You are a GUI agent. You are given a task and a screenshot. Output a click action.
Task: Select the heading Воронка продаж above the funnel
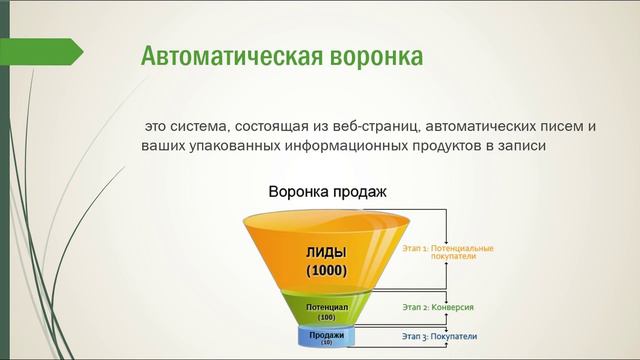(x=326, y=191)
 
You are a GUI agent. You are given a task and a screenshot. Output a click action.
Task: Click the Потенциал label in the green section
(x=327, y=307)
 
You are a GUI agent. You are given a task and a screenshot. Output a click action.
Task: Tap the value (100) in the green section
(x=327, y=317)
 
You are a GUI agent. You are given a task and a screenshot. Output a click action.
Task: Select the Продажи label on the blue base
(x=327, y=334)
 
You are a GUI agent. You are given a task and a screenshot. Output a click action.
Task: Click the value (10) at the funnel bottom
(x=327, y=343)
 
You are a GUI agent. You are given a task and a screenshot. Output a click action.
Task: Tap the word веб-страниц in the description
(x=378, y=127)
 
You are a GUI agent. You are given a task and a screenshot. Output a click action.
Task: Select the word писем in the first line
(x=557, y=127)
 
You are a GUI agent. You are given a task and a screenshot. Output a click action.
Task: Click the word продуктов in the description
(x=451, y=146)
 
